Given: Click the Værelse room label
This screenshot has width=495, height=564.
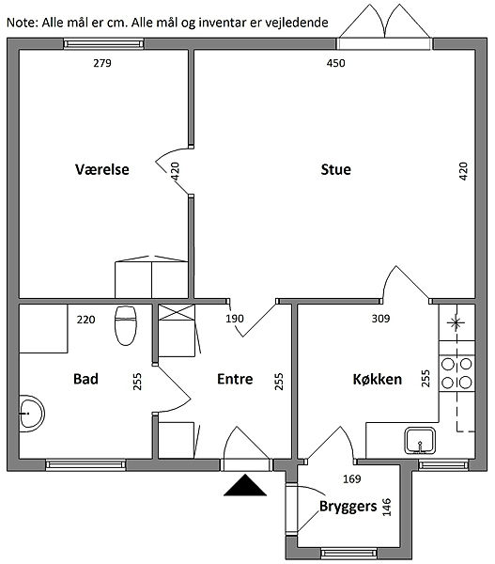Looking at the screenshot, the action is click(102, 169).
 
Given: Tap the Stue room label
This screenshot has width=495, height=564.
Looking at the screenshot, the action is click(335, 169).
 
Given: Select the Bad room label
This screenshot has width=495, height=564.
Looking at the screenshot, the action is click(85, 379).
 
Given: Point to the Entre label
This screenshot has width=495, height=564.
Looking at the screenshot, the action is click(235, 379).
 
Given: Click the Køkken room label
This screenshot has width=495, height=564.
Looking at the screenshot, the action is click(377, 379).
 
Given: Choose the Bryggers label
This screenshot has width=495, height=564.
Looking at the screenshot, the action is click(348, 507).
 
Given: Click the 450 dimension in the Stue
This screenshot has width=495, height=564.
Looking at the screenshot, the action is click(335, 63).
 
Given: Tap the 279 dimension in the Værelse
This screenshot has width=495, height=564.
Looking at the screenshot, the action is click(102, 63).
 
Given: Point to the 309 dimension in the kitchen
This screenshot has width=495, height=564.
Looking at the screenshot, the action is click(380, 319).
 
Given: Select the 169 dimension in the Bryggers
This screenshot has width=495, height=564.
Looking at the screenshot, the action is click(351, 478).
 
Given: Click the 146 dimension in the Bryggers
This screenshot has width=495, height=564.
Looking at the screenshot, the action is click(386, 508).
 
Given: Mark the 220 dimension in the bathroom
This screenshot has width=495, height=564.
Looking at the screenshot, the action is click(85, 320).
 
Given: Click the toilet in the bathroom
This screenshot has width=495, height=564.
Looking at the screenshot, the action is click(126, 326).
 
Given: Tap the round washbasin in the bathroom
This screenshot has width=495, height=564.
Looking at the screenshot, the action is click(32, 414).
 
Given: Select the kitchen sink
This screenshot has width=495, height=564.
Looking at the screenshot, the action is click(420, 441).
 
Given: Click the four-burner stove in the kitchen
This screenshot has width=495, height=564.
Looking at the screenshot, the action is click(456, 373).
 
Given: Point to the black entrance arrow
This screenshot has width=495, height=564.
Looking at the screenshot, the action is click(245, 485).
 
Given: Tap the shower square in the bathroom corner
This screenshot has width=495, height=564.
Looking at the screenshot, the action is click(43, 329).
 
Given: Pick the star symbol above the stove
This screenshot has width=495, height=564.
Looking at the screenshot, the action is click(456, 322).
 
